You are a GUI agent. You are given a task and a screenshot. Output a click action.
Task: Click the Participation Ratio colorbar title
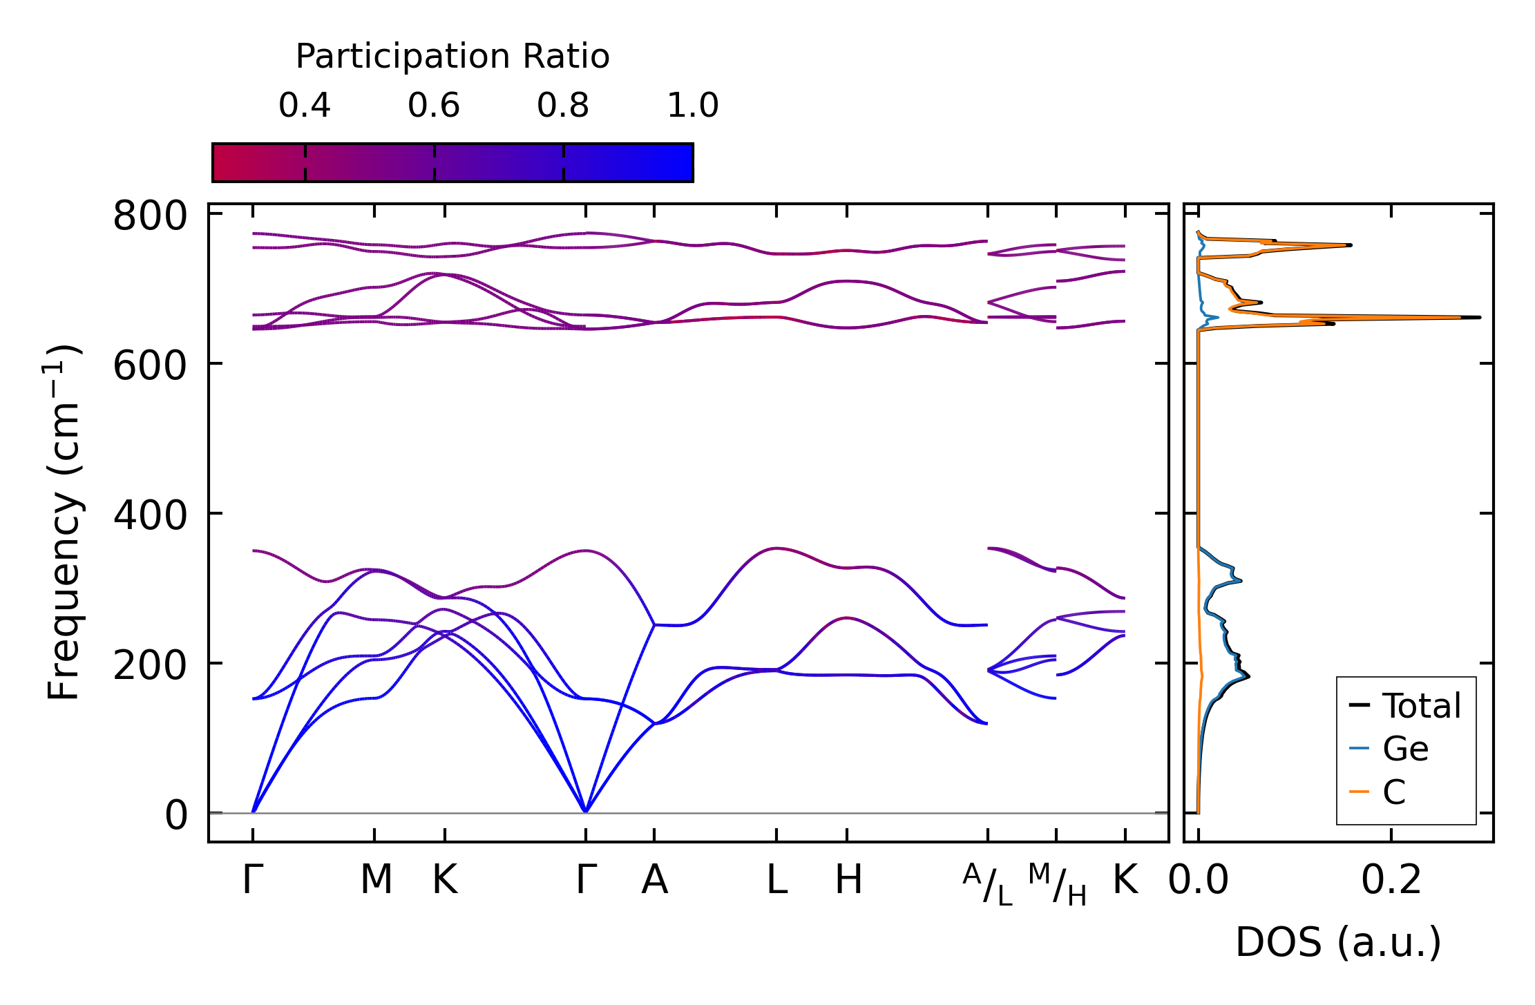coord(452,57)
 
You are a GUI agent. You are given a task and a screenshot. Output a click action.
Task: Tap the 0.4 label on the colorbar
coord(305,106)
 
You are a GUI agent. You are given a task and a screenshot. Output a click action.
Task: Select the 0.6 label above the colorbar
coord(434,106)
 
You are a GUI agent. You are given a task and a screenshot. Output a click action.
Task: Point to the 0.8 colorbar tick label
coord(563,106)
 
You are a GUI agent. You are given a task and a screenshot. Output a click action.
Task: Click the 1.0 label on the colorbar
coord(693,106)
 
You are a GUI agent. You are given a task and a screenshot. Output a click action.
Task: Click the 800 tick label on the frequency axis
coord(150,216)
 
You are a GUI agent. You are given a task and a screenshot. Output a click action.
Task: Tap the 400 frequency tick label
coord(150,515)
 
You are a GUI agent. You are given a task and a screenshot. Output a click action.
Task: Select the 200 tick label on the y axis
coord(150,665)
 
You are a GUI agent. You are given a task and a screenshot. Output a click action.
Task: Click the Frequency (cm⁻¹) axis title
coord(64,522)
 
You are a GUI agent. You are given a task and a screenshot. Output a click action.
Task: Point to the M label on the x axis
coord(376,880)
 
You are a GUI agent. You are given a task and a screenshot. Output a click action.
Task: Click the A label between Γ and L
coord(654,880)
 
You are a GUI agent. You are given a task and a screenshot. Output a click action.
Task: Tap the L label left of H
coord(777,880)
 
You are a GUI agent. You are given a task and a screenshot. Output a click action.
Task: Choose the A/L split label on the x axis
coord(988,884)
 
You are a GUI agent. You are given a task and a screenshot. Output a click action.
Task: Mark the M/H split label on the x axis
coord(1057,884)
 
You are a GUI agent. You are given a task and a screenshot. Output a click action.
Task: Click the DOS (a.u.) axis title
coord(1338,942)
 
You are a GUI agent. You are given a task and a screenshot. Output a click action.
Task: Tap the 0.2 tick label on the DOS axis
coord(1391,880)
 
